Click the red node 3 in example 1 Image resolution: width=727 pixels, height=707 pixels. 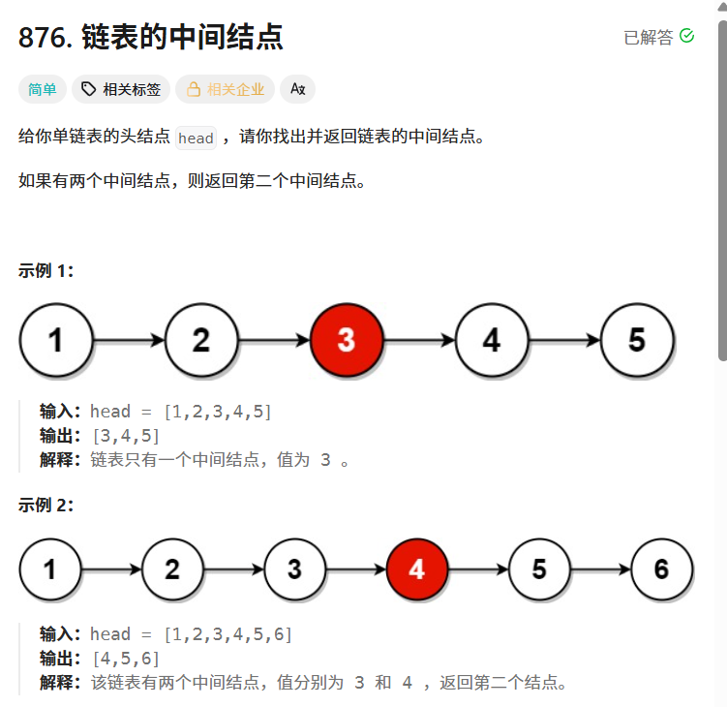pos(347,340)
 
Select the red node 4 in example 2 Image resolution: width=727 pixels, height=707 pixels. pos(416,569)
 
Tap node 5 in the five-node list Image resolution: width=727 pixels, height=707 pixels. pos(637,340)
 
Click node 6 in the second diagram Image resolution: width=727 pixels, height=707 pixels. pos(661,569)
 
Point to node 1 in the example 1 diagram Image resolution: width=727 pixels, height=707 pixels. pos(56,340)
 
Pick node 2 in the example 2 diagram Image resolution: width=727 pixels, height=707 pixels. pos(172,569)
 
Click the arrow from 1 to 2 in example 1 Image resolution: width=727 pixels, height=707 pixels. pos(129,341)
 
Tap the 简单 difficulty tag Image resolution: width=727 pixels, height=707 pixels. pos(43,90)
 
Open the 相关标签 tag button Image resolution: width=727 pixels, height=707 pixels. pos(121,90)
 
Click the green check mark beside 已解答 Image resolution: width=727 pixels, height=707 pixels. pos(687,36)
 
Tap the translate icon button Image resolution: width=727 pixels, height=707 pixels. pos(297,90)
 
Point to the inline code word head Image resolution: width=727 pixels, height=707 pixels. pos(196,138)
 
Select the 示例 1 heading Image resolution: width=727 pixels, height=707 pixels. pos(46,271)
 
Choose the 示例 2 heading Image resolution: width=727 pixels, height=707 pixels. pos(46,505)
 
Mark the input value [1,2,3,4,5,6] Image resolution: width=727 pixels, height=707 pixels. pos(228,634)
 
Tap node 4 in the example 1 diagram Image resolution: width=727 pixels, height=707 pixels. pos(492,340)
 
